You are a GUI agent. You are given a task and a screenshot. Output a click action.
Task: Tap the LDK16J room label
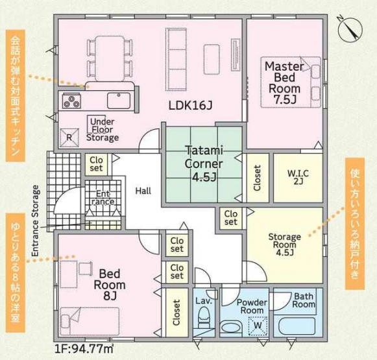coord(190,105)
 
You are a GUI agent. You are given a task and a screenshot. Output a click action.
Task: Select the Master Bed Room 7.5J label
coord(284,83)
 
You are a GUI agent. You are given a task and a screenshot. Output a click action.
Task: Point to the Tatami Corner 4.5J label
coord(204,163)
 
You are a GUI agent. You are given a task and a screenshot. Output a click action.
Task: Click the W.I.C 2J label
coord(298,177)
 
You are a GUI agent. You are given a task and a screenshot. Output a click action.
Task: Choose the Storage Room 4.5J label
coord(285,245)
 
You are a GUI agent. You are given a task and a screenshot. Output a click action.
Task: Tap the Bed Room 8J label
coord(110,285)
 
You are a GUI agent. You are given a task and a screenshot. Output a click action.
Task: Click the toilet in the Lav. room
coord(204,317)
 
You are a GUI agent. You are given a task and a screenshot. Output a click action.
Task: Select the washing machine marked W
coord(258,326)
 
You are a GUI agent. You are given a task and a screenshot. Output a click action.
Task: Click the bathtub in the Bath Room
coord(297,326)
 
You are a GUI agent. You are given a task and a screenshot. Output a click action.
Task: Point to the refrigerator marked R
coord(69,138)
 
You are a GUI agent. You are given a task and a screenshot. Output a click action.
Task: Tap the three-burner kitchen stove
coord(71,101)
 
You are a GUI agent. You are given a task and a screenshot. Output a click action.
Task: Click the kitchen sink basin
coord(119,101)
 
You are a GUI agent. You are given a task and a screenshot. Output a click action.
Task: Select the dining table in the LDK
coord(110,58)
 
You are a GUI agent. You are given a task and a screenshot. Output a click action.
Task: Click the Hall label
coord(143,191)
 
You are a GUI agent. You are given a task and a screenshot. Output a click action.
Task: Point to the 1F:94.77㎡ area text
coord(84,349)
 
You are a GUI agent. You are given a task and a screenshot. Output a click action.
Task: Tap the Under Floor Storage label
coord(103,130)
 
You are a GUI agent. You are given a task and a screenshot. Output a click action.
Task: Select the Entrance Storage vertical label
coord(35,221)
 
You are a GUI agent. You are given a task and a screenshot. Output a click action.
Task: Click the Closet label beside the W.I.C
coord(257,178)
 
